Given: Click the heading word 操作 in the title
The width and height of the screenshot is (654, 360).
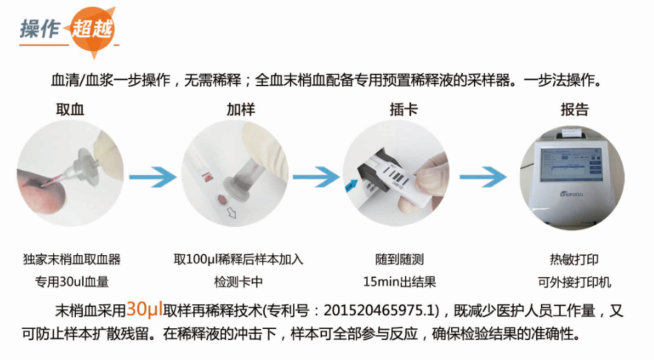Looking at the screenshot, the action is pos(40,28).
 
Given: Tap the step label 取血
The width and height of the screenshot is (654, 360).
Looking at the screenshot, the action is pos(70,109).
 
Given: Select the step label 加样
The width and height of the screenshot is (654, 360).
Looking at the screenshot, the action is pos(241,109).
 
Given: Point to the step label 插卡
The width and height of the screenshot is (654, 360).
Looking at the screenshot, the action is pos(404,109).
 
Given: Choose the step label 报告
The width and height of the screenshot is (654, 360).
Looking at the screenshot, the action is pos(575,109).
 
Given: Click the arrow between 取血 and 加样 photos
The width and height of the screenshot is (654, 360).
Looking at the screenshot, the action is pos(152,177).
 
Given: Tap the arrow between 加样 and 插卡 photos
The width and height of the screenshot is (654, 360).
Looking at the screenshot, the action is pos(316,177).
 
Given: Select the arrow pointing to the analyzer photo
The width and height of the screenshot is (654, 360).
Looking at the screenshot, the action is pos(483,177).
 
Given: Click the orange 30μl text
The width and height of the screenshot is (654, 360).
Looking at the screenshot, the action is pos(144,309).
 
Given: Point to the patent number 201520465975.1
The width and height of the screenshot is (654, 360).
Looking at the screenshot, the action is pos(379,310).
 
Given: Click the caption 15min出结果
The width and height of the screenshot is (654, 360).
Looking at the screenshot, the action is pos(399,282).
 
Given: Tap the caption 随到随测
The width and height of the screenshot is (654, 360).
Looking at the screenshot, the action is pos(399,259).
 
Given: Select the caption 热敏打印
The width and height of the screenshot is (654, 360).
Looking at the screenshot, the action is pos(574,259).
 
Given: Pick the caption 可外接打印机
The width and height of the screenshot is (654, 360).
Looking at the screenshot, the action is pos(574,282).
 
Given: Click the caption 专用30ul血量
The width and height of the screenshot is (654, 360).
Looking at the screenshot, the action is pos(71,282).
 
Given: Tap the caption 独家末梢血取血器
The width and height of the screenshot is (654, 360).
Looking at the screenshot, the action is pos(71,259).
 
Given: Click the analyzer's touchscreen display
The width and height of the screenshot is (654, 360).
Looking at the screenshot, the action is pos(571,166).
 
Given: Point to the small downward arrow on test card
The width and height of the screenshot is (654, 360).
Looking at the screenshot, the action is pos(232,212).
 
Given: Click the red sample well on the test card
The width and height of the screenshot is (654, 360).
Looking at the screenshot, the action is pos(222,199).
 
